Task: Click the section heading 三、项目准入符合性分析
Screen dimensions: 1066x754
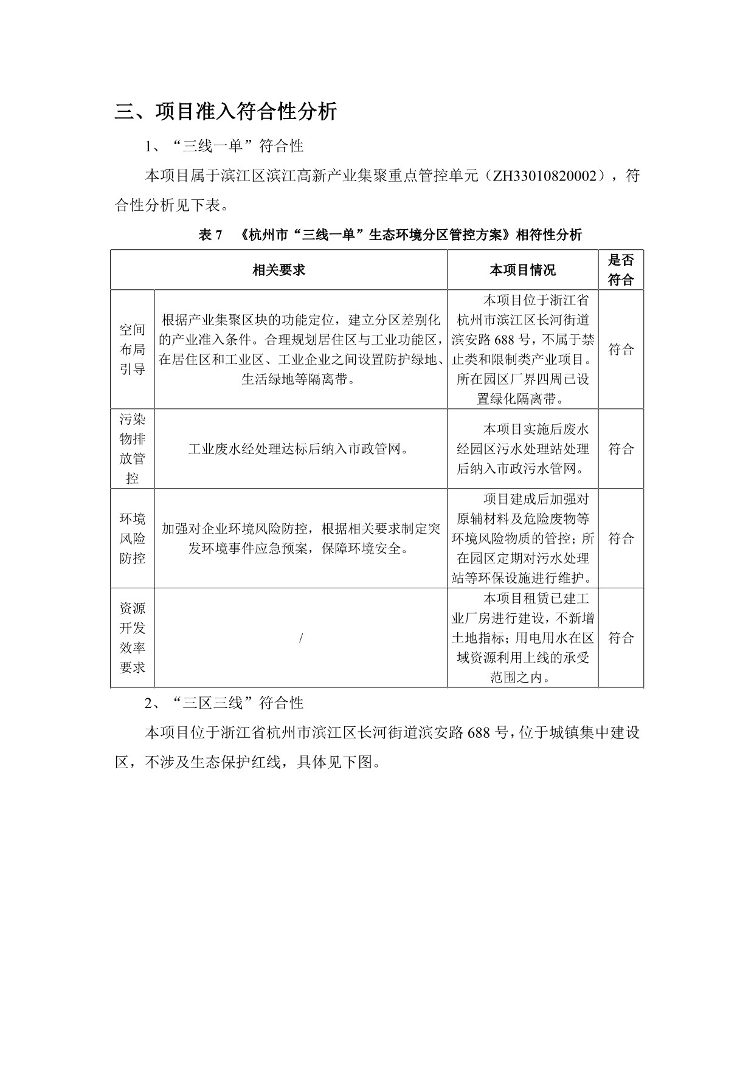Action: pyautogui.click(x=226, y=112)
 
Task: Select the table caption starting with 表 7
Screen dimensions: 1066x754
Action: pyautogui.click(x=390, y=235)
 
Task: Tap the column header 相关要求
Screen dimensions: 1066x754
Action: pyautogui.click(x=278, y=270)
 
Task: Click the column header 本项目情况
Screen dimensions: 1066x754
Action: pyautogui.click(x=522, y=270)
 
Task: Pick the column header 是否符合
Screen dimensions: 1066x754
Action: pyautogui.click(x=621, y=270)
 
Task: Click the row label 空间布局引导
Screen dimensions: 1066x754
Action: pyautogui.click(x=132, y=349)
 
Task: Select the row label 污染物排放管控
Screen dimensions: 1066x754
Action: pyautogui.click(x=132, y=449)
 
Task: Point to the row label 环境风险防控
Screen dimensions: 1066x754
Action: pyautogui.click(x=132, y=538)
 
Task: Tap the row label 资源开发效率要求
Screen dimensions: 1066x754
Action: pyautogui.click(x=132, y=638)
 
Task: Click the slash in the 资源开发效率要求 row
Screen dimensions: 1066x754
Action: pyautogui.click(x=301, y=638)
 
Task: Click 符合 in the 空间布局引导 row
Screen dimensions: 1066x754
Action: pyautogui.click(x=621, y=349)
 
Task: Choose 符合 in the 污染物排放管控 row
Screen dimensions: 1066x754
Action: pyautogui.click(x=621, y=449)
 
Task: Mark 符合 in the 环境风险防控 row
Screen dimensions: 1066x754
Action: pyautogui.click(x=621, y=538)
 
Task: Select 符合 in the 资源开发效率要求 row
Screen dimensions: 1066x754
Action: pyautogui.click(x=621, y=638)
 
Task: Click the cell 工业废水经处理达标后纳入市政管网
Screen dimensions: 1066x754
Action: pyautogui.click(x=300, y=449)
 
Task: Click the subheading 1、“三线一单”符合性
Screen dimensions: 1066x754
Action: pyautogui.click(x=224, y=146)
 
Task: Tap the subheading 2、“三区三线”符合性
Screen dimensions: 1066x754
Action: pyautogui.click(x=224, y=703)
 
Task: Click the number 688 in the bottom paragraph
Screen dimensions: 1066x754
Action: pyautogui.click(x=479, y=732)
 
